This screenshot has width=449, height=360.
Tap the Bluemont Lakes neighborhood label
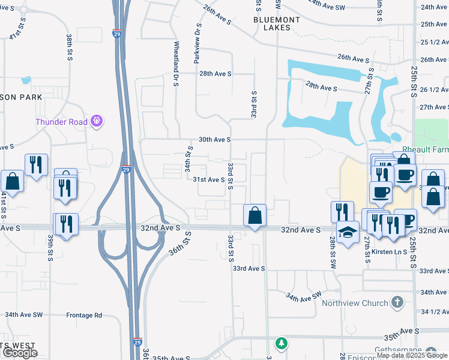276,23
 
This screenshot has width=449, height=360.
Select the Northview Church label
355,303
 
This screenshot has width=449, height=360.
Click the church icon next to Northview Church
397,303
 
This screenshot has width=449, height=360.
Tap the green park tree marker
281,343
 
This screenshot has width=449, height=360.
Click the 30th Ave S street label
214,139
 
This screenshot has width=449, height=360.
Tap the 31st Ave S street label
208,179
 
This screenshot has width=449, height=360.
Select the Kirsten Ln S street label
389,251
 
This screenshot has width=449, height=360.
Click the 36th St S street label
179,244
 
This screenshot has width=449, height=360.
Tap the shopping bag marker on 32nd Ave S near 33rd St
255,216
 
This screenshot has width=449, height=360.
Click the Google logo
19,353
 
